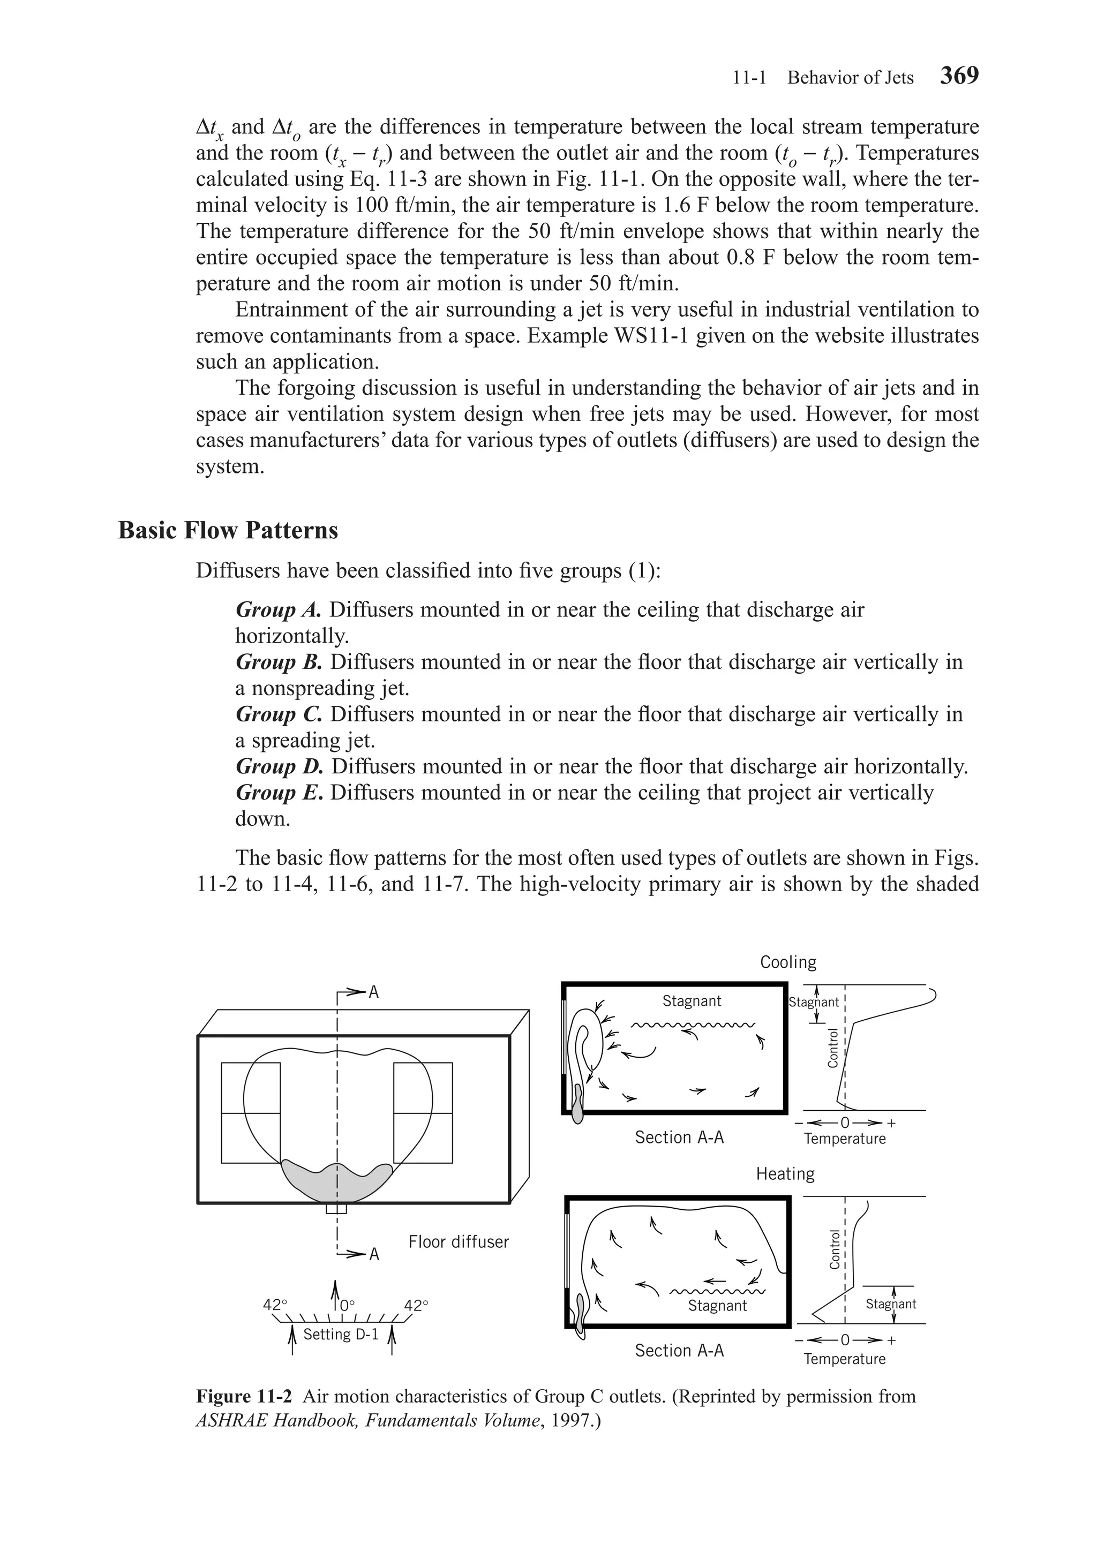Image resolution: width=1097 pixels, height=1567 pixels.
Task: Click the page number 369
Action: click(x=959, y=75)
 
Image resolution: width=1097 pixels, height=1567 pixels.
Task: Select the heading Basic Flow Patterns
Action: click(x=228, y=530)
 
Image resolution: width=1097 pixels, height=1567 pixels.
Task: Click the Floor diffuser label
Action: click(x=458, y=1241)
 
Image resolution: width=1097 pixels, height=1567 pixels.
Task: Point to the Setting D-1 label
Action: click(x=341, y=1334)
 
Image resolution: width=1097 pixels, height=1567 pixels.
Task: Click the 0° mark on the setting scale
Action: click(x=347, y=1305)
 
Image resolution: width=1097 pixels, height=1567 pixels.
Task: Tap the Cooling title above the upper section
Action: click(x=788, y=962)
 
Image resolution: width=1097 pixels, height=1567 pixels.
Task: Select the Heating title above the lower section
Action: click(x=785, y=1174)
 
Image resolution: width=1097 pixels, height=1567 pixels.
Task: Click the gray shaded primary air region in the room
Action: click(x=336, y=1181)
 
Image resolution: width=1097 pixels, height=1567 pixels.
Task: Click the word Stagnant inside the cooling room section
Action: click(x=692, y=1001)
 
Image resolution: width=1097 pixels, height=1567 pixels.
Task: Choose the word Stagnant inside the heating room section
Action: click(x=717, y=1306)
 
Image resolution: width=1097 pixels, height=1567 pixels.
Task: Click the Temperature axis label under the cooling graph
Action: click(x=844, y=1139)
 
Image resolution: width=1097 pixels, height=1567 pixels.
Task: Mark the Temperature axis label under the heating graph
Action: click(x=844, y=1359)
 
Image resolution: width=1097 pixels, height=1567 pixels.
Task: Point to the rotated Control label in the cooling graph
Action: click(x=832, y=1048)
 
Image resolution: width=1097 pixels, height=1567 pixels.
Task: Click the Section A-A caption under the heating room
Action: click(x=679, y=1351)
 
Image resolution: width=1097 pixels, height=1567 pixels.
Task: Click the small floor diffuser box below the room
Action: click(x=336, y=1209)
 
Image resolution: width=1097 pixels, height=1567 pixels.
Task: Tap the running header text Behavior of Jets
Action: click(x=850, y=78)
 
